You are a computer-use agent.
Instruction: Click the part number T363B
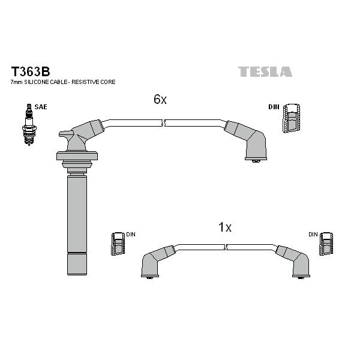(31, 71)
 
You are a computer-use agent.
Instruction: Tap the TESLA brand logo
(265, 71)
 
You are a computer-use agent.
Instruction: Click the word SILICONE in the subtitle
(37, 82)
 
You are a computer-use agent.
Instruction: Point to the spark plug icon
(29, 124)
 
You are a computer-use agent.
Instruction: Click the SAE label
(41, 107)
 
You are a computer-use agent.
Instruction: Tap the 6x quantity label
(160, 99)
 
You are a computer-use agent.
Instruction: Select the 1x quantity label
(225, 227)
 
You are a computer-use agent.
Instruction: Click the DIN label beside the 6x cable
(274, 107)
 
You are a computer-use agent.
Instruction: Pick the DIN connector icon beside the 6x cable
(292, 118)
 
